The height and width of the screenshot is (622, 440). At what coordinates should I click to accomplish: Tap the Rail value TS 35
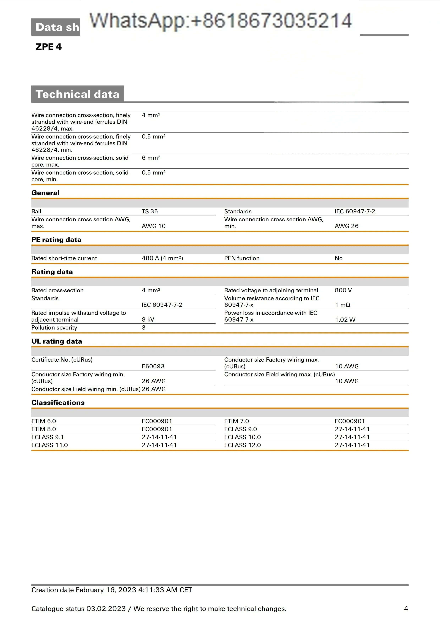(x=150, y=211)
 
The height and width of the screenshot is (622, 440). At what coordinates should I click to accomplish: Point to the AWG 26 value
(x=346, y=226)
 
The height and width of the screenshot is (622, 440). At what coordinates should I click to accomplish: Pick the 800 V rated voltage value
(x=343, y=290)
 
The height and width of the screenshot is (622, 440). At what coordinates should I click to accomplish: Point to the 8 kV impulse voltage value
(x=148, y=320)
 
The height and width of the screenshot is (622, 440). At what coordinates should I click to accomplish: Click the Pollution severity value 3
(x=144, y=328)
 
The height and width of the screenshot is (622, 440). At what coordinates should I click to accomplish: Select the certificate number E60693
(x=153, y=366)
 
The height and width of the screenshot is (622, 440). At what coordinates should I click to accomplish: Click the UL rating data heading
(x=57, y=341)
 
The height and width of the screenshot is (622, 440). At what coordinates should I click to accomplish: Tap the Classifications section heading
(x=58, y=403)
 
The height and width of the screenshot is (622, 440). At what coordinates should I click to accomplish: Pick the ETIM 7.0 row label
(x=236, y=421)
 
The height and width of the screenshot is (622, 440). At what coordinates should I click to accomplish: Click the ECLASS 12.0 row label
(x=243, y=445)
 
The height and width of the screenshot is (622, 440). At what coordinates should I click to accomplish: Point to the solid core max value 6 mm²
(x=151, y=158)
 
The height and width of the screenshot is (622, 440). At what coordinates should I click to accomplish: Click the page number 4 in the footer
(x=406, y=609)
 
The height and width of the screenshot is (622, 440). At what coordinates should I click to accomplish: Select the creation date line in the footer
(x=112, y=590)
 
